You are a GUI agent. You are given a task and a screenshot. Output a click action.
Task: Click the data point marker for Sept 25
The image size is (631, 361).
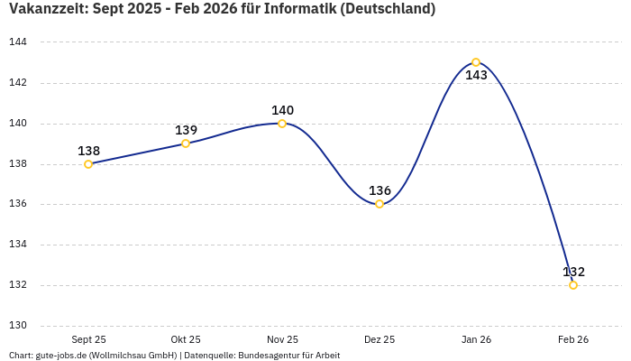(88, 164)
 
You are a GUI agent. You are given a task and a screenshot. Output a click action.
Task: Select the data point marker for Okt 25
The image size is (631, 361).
(186, 143)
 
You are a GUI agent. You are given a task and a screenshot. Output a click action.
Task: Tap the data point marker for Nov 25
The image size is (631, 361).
(282, 124)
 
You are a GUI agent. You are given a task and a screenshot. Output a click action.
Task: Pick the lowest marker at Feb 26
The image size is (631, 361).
(573, 285)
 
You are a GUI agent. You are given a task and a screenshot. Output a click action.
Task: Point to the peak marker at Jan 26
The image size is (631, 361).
(476, 62)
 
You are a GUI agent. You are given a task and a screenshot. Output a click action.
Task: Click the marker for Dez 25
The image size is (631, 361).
(380, 204)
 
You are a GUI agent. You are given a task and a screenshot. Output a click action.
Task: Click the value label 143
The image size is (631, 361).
(476, 76)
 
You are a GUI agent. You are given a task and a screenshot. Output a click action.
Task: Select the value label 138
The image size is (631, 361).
(88, 151)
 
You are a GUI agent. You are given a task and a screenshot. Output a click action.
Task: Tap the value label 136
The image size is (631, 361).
(380, 190)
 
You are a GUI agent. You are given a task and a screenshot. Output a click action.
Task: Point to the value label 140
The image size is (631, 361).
(282, 110)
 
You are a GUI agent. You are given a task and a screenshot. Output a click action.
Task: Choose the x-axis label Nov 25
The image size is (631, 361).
(282, 339)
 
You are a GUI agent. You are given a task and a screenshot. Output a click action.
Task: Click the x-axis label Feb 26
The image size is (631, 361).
(573, 339)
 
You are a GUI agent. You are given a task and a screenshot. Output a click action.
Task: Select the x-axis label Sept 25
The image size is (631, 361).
(88, 339)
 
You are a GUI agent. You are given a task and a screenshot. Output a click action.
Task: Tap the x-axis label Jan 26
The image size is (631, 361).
(476, 339)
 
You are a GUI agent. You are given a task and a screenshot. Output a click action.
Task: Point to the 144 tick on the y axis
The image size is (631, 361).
(18, 42)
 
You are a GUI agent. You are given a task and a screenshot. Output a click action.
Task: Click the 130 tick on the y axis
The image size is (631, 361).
(18, 326)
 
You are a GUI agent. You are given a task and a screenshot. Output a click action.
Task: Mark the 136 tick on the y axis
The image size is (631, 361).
(18, 204)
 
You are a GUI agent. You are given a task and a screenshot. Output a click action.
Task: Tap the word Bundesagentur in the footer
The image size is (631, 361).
(267, 356)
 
